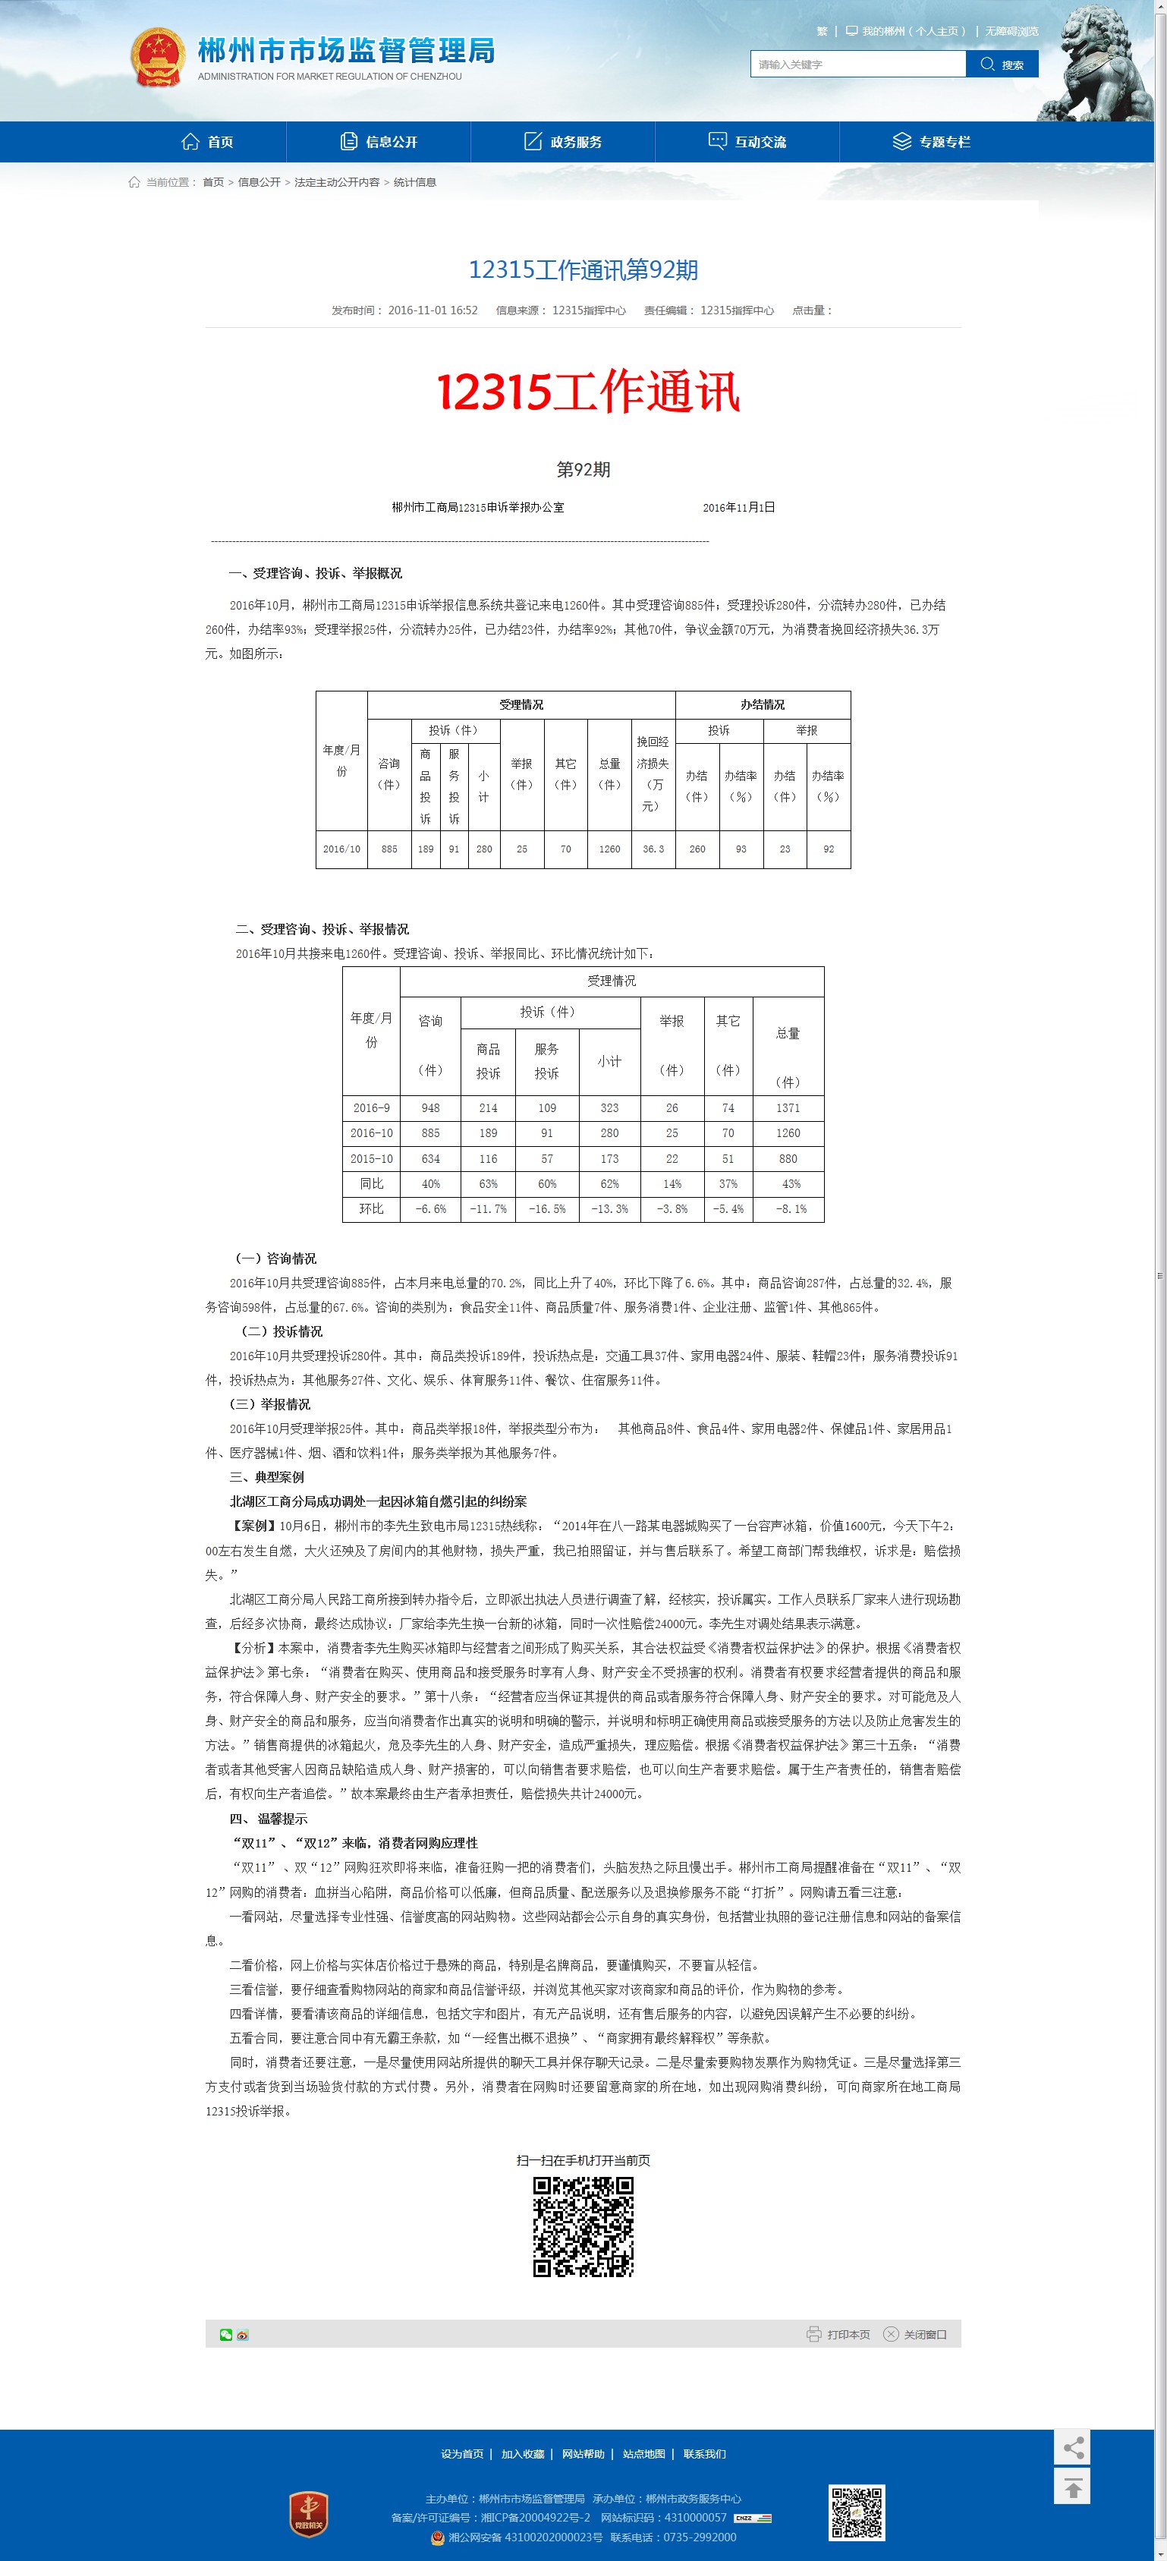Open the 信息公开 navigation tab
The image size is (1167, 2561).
point(379,141)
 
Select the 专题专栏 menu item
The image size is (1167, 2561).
point(932,141)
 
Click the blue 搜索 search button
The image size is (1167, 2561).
point(1002,65)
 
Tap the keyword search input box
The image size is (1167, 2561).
point(857,65)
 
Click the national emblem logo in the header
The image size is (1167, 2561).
point(158,57)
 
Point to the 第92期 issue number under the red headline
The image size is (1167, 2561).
point(583,469)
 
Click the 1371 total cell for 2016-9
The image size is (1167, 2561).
point(788,1107)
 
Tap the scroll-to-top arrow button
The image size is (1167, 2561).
point(1071,2487)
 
